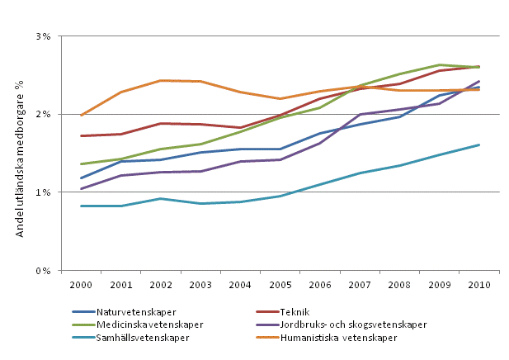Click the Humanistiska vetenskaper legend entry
[337, 338]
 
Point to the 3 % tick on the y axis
[43, 36]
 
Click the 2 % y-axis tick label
[43, 114]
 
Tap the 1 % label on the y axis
[43, 192]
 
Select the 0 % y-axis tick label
[43, 270]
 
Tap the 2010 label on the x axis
[478, 284]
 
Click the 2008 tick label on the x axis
[398, 284]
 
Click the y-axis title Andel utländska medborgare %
[17, 154]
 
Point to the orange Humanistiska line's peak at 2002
[161, 80]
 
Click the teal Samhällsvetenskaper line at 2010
[479, 145]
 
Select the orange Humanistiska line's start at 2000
[81, 116]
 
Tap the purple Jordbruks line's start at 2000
[81, 189]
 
